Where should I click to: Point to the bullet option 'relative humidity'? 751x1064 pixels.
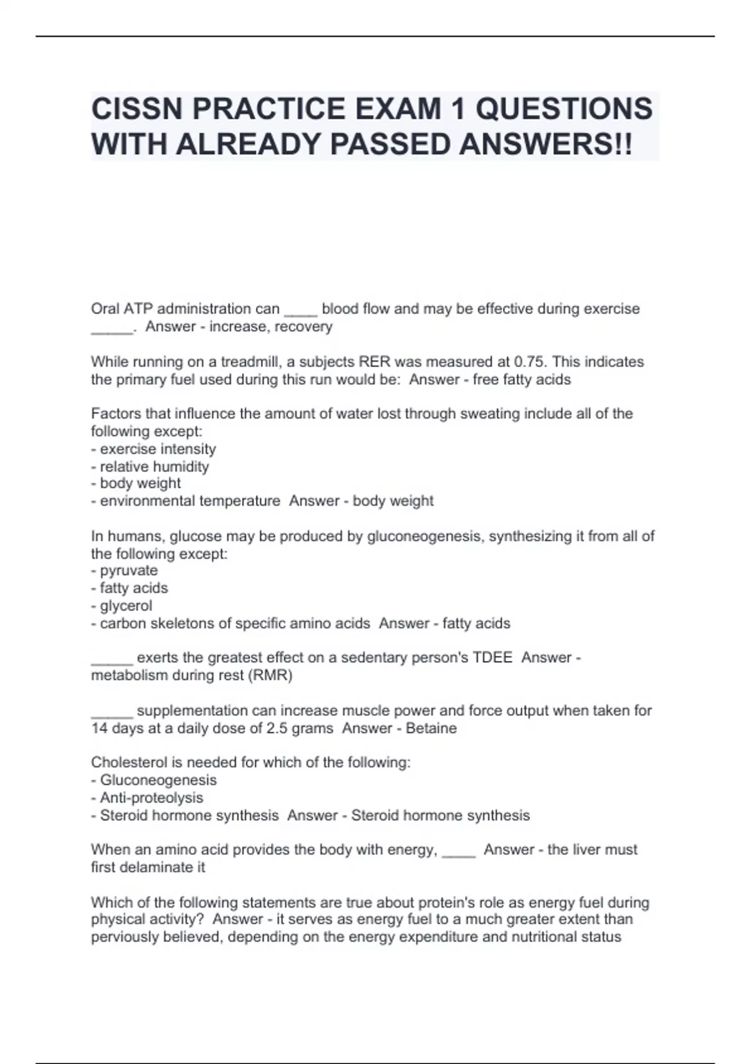tap(154, 466)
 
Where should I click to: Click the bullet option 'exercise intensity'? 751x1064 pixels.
tap(158, 449)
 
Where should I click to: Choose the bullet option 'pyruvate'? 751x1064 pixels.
tap(128, 570)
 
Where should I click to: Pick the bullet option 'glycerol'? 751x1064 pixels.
tap(126, 605)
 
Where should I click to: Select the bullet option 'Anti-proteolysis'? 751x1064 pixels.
tap(151, 797)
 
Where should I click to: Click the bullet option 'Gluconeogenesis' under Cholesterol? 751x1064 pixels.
tap(158, 780)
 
